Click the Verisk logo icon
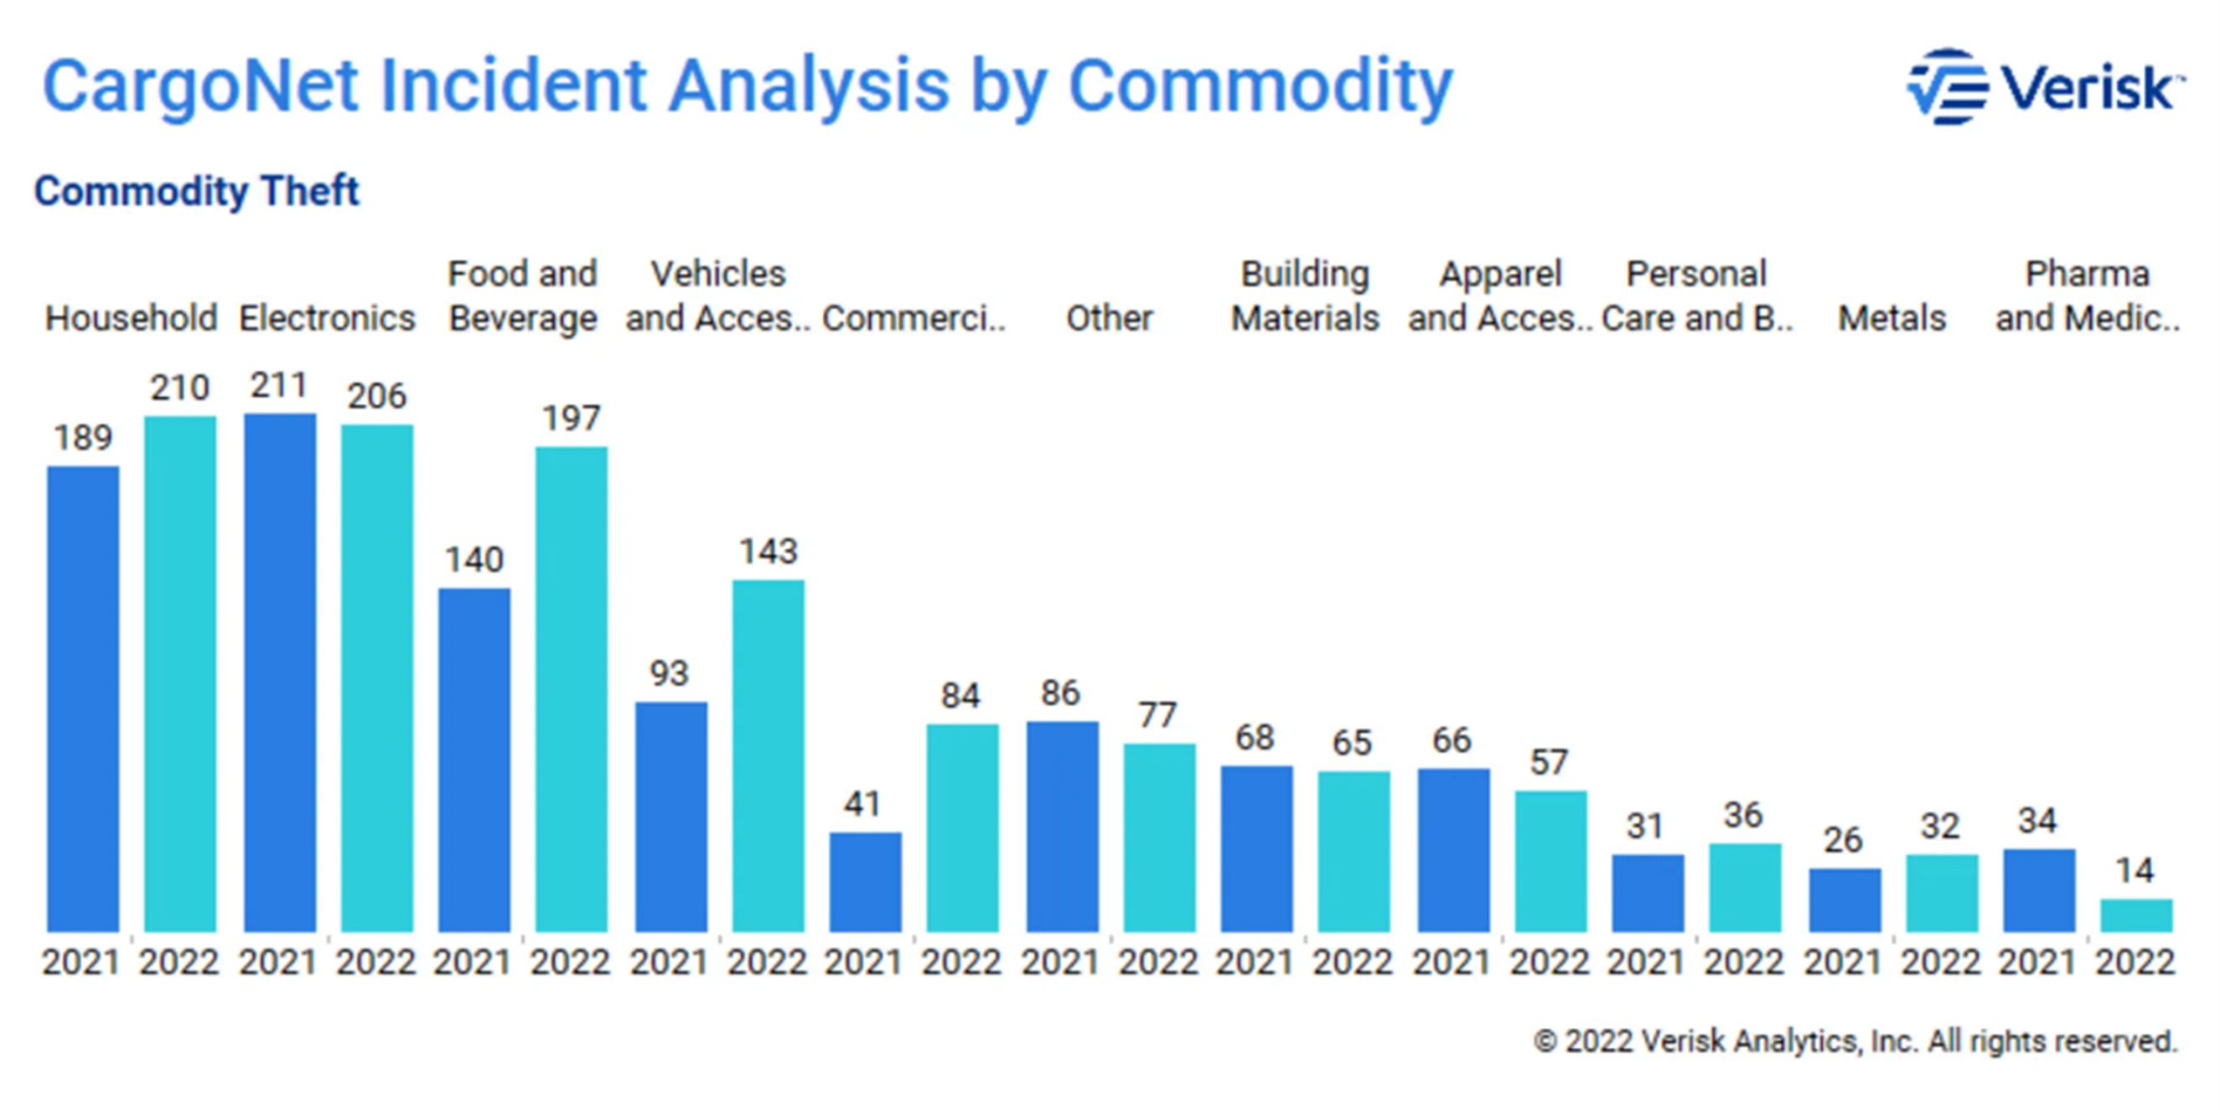click(1947, 87)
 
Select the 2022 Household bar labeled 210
click(180, 673)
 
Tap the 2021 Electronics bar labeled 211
click(280, 672)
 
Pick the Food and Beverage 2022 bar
click(572, 689)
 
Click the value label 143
click(768, 551)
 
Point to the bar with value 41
click(865, 881)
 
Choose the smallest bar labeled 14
click(2136, 916)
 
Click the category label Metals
click(1891, 318)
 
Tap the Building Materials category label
click(1305, 296)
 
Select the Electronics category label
click(328, 318)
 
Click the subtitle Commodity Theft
click(196, 190)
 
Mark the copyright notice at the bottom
click(1855, 1041)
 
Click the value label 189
click(83, 438)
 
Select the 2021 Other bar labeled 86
click(1063, 827)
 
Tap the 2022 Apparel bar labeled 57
click(1550, 861)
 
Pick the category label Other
click(1109, 318)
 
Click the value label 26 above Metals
click(1843, 840)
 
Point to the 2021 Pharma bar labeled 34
click(2039, 891)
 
